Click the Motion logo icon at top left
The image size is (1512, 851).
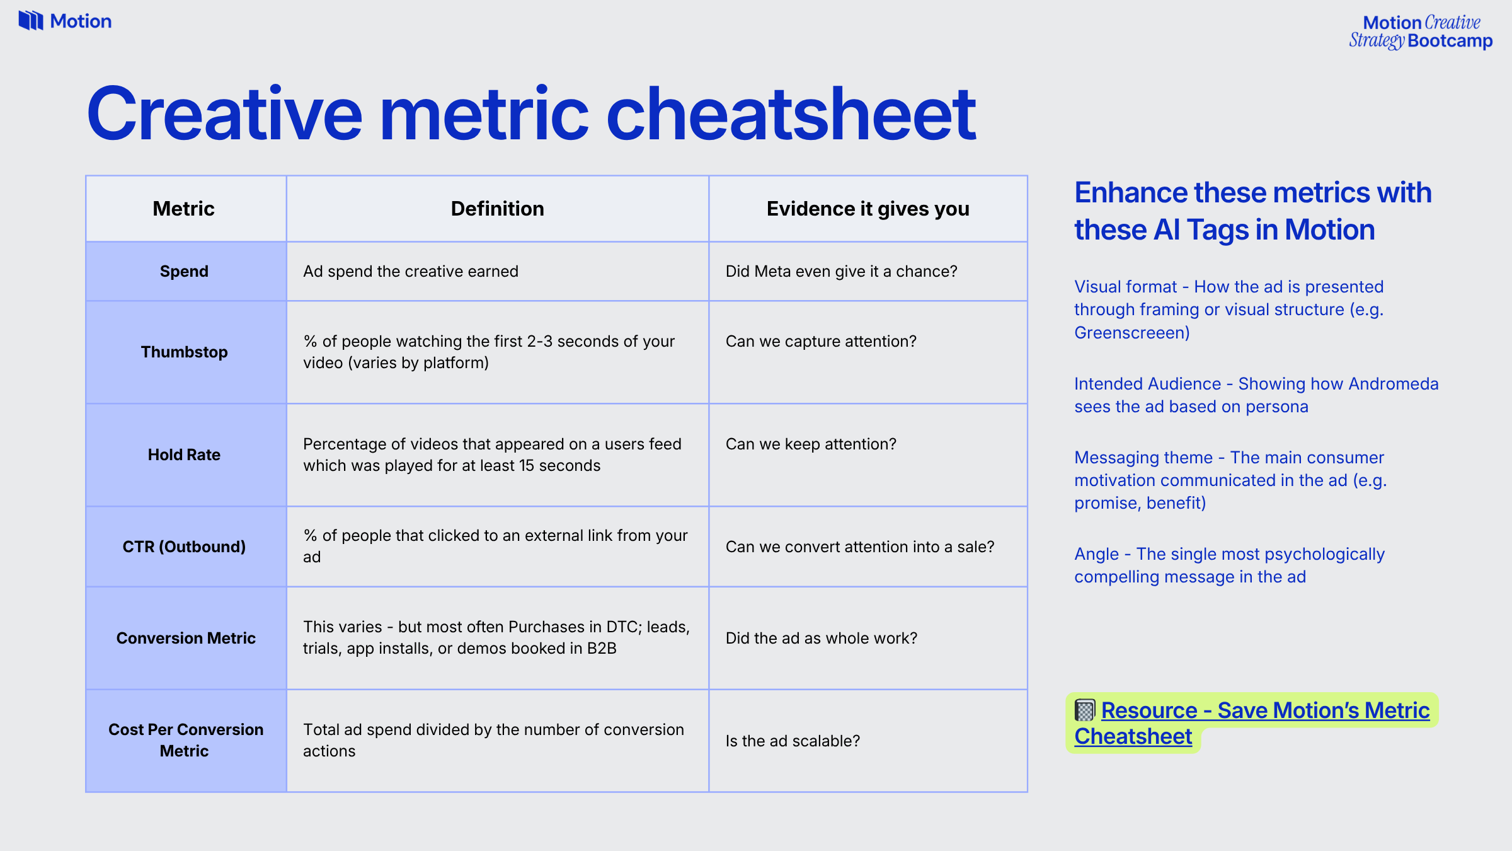[x=30, y=21]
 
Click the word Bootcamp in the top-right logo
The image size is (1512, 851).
[x=1450, y=41]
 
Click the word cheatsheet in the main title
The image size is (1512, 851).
[x=791, y=115]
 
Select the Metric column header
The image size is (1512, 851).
[x=183, y=209]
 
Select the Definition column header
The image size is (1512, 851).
[x=497, y=209]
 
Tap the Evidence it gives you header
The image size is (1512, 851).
[x=868, y=209]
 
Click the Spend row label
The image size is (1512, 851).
[x=183, y=271]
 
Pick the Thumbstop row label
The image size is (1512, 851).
[x=184, y=352]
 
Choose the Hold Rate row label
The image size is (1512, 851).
[x=184, y=454]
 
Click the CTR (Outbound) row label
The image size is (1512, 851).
[x=184, y=547]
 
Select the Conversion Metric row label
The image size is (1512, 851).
[x=186, y=638]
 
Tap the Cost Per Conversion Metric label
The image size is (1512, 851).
[x=185, y=740]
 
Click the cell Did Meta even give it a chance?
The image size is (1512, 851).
[x=841, y=271]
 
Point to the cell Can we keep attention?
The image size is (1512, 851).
[x=810, y=444]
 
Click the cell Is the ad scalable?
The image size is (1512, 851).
[x=792, y=741]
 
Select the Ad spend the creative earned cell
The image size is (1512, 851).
[x=411, y=271]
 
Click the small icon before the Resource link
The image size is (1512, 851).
[x=1085, y=710]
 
